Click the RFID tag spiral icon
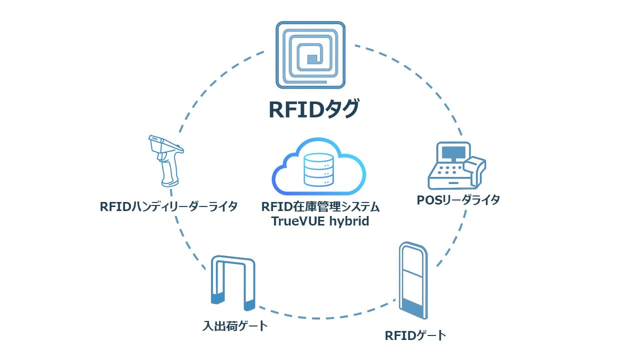point(310,55)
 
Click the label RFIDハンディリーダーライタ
point(168,206)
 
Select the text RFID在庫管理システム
point(320,206)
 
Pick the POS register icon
point(456,165)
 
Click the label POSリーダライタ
point(458,200)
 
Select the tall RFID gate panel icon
point(414,281)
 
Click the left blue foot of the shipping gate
point(216,298)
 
